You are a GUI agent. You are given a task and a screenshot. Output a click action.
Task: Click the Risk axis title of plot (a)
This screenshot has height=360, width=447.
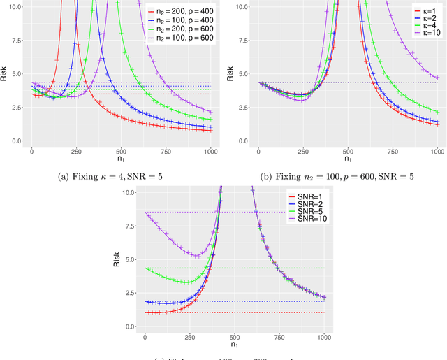coord(4,73)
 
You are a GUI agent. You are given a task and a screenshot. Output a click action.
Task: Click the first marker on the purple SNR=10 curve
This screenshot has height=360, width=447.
coord(145,213)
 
